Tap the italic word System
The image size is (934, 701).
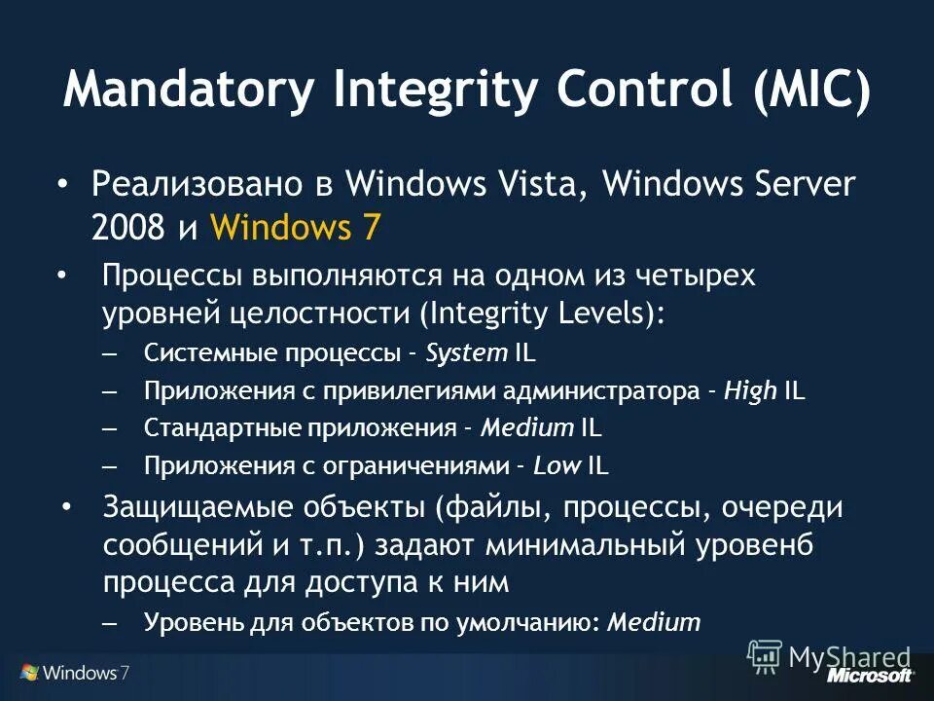pos(466,352)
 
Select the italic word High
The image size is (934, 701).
pos(750,390)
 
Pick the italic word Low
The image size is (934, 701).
pos(556,466)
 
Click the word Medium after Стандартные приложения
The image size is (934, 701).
pos(527,428)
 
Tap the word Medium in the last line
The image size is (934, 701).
pos(653,622)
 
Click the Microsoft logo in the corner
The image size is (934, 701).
pos(870,675)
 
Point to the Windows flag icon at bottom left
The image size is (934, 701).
pos(29,673)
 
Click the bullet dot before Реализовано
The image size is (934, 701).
pos(62,183)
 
